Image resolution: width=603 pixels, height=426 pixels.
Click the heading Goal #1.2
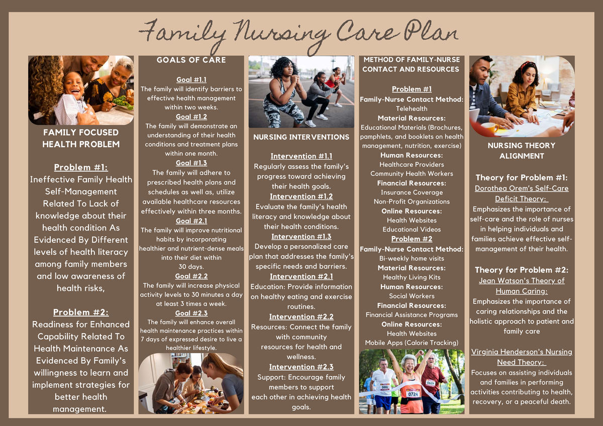191,117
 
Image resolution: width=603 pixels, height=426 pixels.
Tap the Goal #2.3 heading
191,313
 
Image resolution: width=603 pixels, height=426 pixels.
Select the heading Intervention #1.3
301,237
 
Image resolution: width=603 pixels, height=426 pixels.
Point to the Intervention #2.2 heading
301,317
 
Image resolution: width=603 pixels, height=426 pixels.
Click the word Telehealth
412,109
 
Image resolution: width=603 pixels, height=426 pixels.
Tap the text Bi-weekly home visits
412,259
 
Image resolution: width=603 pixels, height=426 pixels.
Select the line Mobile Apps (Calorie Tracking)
412,343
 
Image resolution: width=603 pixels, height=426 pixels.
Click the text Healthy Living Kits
412,277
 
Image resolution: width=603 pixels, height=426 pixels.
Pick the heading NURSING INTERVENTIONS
301,137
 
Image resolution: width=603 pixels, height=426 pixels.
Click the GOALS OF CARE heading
191,60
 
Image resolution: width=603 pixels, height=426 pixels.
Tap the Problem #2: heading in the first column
81,312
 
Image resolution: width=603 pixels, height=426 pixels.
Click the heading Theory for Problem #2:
522,270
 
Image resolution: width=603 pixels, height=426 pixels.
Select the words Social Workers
412,296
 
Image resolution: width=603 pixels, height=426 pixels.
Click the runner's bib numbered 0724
413,394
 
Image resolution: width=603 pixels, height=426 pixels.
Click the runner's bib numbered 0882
384,387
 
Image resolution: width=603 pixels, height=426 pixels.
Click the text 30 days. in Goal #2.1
191,267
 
